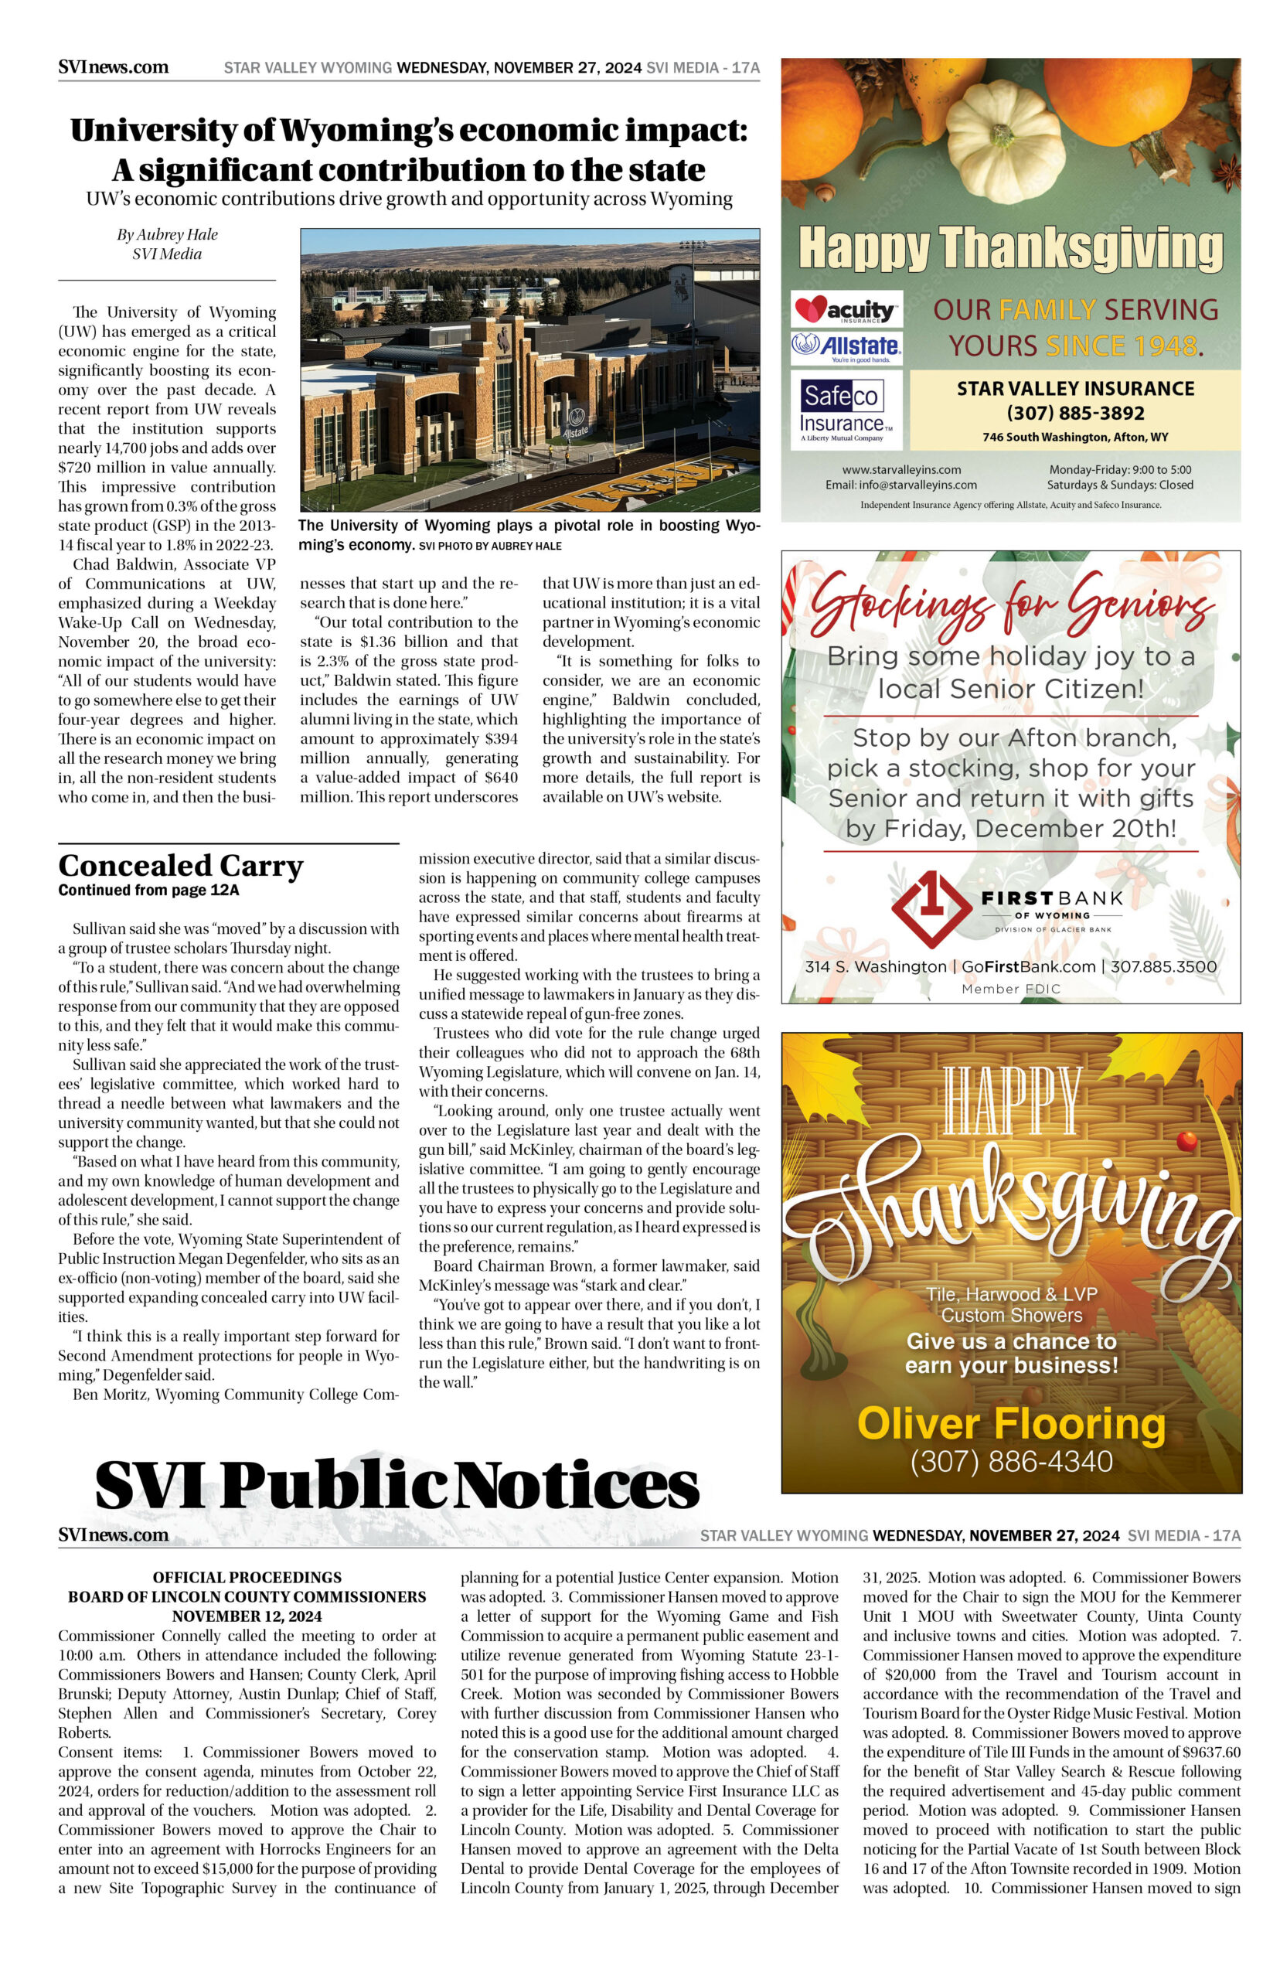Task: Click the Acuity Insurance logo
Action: point(846,311)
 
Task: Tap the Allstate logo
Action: point(846,346)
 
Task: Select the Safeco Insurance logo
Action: point(841,410)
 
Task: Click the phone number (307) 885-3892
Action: point(1074,413)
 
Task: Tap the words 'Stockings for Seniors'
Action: point(1010,599)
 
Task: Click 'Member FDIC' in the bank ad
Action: point(1011,988)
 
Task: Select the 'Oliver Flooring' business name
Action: point(1011,1424)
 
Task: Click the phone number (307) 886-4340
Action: point(1011,1461)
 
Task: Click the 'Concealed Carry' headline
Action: point(180,865)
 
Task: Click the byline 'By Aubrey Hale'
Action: point(167,234)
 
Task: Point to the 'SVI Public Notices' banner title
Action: point(397,1484)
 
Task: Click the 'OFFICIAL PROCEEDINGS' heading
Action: point(247,1578)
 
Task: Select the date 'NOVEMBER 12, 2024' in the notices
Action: point(247,1616)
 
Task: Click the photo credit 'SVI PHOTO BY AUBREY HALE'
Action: point(490,546)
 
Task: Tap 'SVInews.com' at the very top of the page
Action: point(113,67)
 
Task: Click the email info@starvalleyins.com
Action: point(901,485)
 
